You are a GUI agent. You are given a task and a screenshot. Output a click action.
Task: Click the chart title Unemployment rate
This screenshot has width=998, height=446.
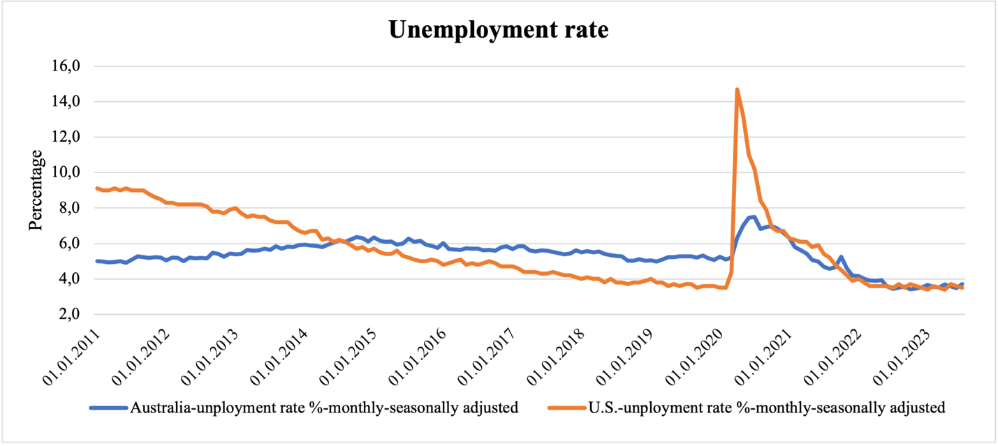click(x=498, y=29)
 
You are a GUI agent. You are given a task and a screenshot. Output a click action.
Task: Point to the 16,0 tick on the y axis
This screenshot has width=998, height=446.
click(x=68, y=67)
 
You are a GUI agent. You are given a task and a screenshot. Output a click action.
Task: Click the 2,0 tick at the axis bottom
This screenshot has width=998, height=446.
click(x=71, y=315)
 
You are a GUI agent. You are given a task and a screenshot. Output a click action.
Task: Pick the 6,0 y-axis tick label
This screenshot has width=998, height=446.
click(x=71, y=244)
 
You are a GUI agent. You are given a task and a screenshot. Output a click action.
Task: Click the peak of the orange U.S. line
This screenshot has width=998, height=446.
click(x=737, y=89)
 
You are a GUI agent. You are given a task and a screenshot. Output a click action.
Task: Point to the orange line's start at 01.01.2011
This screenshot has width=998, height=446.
click(x=97, y=188)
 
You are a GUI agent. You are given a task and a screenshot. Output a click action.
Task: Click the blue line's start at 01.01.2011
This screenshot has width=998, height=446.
click(x=97, y=261)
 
